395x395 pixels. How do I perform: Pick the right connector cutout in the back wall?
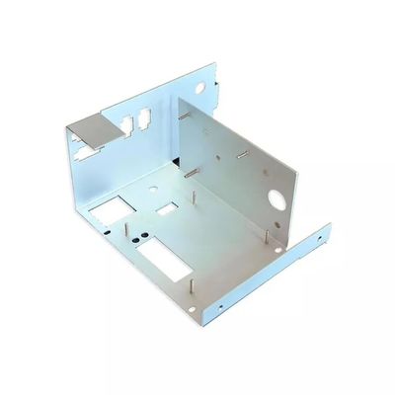pos(144,117)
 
